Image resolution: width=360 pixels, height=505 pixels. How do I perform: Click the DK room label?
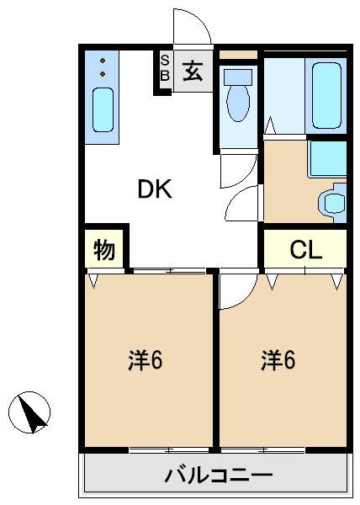155,189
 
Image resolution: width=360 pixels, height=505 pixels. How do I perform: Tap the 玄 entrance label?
193,72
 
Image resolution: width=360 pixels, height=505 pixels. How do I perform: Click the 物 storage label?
104,250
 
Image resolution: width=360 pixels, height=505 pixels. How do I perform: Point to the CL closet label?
305,250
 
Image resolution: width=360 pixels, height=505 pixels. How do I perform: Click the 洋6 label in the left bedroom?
146,359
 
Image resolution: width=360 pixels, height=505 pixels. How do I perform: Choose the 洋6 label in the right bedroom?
278,359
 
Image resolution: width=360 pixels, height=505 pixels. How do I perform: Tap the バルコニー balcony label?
219,475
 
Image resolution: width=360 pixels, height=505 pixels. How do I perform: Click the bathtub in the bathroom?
326,95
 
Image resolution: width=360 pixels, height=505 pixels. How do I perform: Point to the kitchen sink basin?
103,109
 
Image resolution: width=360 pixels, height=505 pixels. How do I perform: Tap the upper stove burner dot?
103,61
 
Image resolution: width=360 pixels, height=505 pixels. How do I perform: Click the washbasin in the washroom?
334,203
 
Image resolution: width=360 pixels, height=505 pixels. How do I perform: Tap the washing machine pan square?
327,159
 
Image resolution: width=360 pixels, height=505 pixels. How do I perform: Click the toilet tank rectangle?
238,77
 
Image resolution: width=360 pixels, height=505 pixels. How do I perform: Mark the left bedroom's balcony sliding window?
169,450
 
